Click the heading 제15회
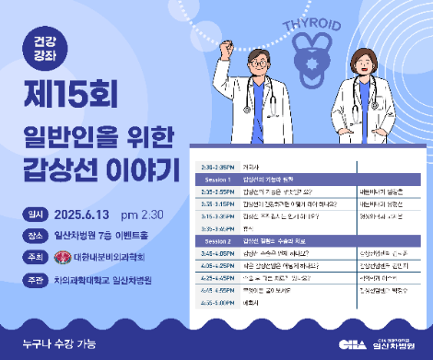tap(85, 94)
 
